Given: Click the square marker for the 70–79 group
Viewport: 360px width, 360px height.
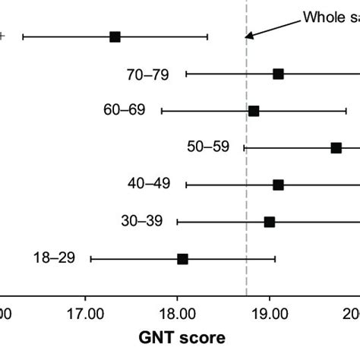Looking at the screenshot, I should coord(278,74).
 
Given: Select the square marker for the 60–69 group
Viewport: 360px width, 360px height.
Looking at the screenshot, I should coord(254,111).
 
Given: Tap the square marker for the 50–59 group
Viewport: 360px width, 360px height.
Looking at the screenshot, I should coord(336,147).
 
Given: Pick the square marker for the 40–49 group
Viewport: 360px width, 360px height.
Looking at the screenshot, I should coord(278,185).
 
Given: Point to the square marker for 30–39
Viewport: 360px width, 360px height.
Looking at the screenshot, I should coord(269,222).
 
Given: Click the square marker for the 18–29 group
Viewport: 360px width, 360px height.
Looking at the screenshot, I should coord(182,259).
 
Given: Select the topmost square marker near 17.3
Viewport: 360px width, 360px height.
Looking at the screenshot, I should coord(115,36).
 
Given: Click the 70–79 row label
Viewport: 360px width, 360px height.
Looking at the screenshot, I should coord(148,74).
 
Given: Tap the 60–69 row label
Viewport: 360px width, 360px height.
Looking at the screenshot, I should coord(124,111).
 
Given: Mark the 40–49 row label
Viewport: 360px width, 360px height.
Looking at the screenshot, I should coord(149,185).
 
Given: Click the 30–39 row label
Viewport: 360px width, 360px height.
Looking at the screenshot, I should coord(141,222).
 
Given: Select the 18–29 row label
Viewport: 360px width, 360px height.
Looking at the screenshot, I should coord(54,258).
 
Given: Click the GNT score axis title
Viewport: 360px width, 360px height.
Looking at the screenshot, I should coord(182,335).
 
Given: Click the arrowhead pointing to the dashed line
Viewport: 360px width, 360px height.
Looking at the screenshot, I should coord(248,33).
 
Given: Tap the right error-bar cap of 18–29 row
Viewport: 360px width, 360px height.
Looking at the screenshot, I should coord(275,259).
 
